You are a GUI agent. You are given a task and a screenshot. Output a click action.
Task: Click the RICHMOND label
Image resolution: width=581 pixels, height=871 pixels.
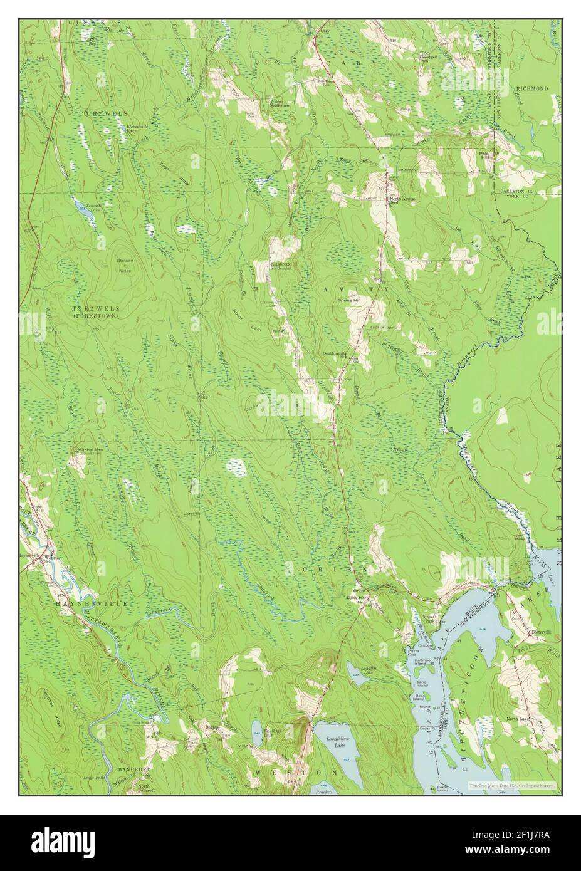(532, 89)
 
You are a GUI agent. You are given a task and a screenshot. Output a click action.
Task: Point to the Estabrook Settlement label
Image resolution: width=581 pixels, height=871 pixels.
(282, 266)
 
